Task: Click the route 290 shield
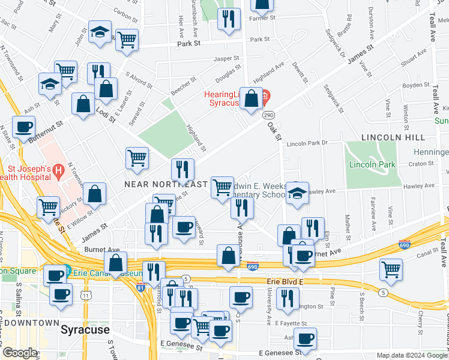click(x=268, y=114)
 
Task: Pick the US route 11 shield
click(x=86, y=296)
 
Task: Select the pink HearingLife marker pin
click(x=265, y=95)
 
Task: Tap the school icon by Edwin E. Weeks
click(x=297, y=193)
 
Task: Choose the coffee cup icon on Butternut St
click(x=24, y=127)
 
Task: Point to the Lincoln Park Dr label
click(x=307, y=143)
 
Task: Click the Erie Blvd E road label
click(x=282, y=281)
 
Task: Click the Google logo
click(x=20, y=353)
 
